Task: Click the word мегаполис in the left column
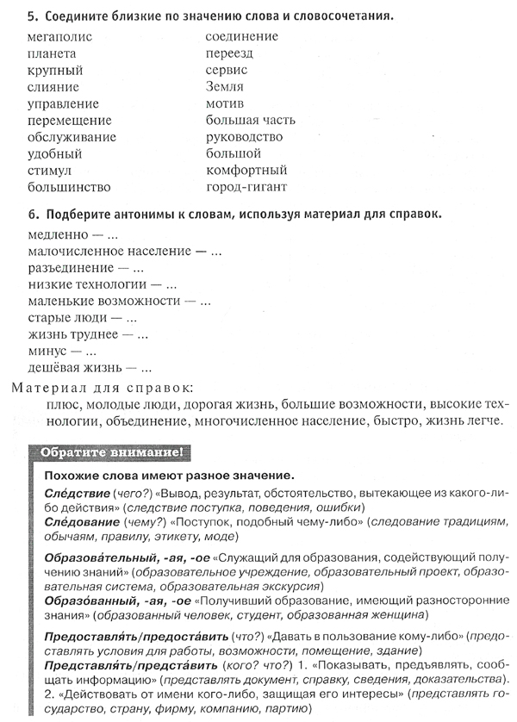pyautogui.click(x=59, y=37)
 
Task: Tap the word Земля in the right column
pyautogui.click(x=225, y=87)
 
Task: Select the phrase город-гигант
pyautogui.click(x=246, y=186)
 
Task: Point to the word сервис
pyautogui.click(x=227, y=70)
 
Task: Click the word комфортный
pyautogui.click(x=246, y=170)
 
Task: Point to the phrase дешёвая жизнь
pyautogui.click(x=71, y=367)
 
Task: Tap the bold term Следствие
pyautogui.click(x=73, y=492)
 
